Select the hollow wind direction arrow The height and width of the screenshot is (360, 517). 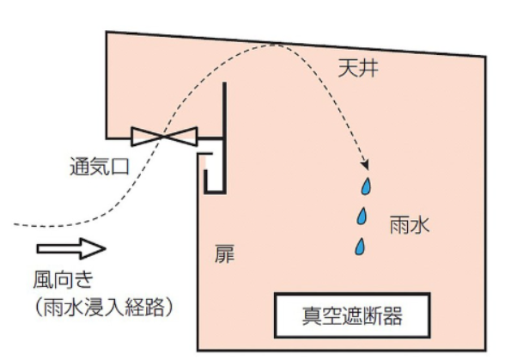71,249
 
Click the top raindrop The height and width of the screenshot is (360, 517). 367,186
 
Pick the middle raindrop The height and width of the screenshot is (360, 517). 364,215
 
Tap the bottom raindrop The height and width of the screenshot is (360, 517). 362,247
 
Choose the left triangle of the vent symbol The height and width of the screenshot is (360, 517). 148,137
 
